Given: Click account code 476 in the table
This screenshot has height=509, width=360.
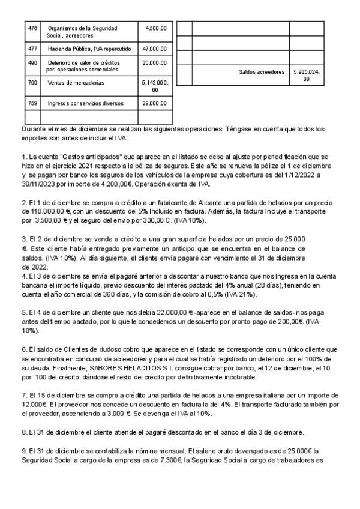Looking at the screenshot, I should click(x=32, y=28).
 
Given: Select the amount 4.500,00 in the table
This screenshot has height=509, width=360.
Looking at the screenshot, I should click(x=156, y=28).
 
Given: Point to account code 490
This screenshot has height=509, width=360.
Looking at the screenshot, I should click(x=32, y=62).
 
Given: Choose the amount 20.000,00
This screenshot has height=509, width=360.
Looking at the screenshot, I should click(x=154, y=62).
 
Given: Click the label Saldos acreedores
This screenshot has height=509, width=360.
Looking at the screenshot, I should click(x=262, y=71).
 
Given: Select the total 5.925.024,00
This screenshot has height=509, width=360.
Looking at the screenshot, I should click(x=307, y=75).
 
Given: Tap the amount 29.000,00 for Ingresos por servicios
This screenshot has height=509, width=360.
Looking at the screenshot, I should click(x=154, y=103).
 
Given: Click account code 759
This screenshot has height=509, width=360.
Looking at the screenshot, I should click(x=32, y=103).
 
